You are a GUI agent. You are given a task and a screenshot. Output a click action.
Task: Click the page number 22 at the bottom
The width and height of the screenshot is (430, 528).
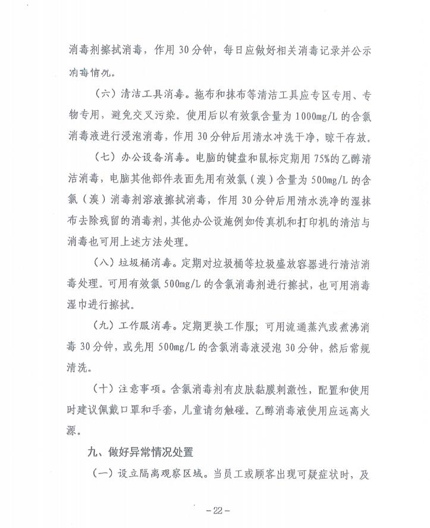pos(216,510)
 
